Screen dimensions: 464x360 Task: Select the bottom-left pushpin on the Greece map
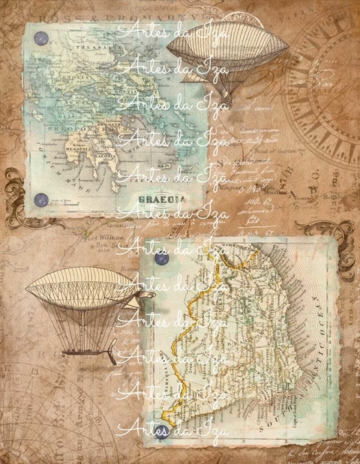pyautogui.click(x=43, y=199)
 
